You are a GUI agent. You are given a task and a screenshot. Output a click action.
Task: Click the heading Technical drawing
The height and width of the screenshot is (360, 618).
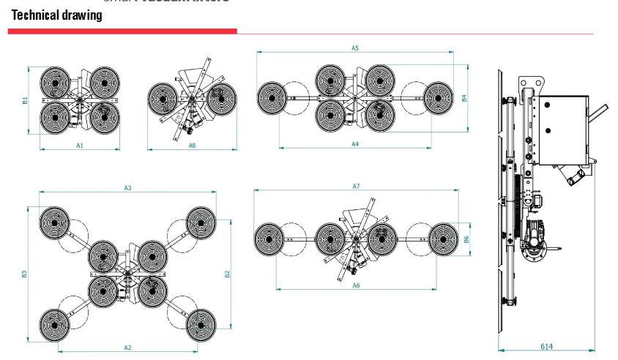[56, 15]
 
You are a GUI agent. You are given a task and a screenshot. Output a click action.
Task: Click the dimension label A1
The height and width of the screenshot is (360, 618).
[80, 145]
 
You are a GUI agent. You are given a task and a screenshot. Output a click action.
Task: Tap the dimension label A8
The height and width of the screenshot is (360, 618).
[192, 146]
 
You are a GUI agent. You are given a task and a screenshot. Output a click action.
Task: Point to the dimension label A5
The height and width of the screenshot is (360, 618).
[354, 48]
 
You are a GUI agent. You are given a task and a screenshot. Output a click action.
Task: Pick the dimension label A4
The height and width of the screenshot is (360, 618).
[354, 144]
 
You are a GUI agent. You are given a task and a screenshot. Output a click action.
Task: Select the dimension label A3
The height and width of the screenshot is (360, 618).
[127, 188]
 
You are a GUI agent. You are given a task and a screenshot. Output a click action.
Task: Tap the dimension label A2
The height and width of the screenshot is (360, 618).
[127, 348]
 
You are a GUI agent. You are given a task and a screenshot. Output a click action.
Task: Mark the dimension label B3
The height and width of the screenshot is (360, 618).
[24, 274]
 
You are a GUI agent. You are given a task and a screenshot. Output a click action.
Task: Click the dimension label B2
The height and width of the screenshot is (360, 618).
[227, 274]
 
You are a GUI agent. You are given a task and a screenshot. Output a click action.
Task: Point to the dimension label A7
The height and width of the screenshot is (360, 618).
[356, 187]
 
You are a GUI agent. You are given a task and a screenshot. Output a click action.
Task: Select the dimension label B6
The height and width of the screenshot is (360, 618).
[466, 239]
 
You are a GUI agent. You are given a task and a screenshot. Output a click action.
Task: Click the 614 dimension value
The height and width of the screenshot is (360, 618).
[546, 346]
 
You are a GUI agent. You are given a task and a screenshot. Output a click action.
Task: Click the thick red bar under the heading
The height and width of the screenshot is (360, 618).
[122, 31]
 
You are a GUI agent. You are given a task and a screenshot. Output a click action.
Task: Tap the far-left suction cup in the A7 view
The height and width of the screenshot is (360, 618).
[269, 239]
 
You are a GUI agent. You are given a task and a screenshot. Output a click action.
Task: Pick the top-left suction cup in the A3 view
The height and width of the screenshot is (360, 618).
[56, 222]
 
